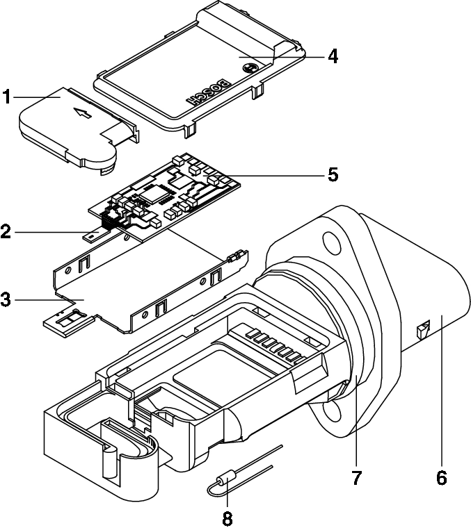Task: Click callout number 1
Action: [7, 97]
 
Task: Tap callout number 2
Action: [7, 231]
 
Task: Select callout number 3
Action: [7, 300]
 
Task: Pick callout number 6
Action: [440, 479]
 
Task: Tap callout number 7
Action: [357, 479]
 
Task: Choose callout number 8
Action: [226, 517]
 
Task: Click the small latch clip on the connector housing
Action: [422, 329]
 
